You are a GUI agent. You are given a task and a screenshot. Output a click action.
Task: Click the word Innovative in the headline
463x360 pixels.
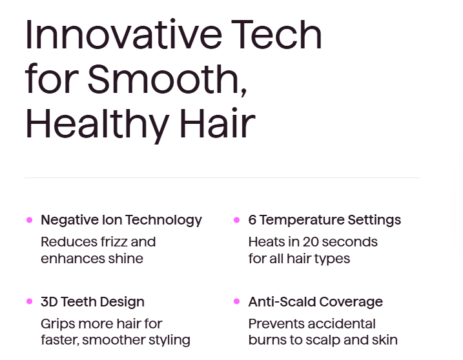[x=124, y=34]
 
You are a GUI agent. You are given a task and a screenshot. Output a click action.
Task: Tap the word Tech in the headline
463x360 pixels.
[x=276, y=34]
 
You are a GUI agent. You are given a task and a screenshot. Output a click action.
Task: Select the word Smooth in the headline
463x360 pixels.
[x=167, y=79]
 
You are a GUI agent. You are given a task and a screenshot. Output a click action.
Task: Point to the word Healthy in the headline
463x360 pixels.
[x=97, y=123]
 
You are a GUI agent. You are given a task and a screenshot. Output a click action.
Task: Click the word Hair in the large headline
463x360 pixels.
[x=218, y=123]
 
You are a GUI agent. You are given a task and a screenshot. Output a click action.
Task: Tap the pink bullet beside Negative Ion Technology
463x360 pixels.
[x=29, y=220]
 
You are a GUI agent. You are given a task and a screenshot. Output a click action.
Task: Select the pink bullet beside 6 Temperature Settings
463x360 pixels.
[x=236, y=220]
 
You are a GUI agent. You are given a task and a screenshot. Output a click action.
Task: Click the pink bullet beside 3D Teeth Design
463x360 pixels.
[x=29, y=301]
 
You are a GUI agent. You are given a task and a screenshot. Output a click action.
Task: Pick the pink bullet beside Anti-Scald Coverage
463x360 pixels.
[x=236, y=301]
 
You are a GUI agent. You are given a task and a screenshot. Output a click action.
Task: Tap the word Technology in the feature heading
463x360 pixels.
[x=163, y=221]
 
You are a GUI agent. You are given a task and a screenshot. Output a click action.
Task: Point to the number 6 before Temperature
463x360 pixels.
[x=252, y=220]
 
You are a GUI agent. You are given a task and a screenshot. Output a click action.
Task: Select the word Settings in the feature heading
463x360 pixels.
[x=374, y=221]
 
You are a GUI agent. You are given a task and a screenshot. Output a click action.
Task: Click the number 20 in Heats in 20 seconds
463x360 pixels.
[x=312, y=242]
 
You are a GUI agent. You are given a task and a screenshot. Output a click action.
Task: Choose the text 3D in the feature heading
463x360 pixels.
[x=49, y=302]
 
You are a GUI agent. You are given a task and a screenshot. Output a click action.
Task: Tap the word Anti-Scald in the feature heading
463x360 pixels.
[x=282, y=302]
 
